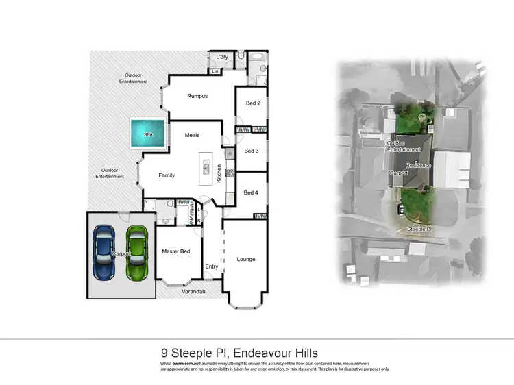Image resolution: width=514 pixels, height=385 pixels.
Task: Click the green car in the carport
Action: [137, 251]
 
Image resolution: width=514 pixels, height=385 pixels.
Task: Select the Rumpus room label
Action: [197, 96]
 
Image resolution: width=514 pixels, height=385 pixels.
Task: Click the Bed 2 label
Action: [252, 103]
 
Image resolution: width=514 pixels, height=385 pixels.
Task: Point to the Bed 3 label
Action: [252, 151]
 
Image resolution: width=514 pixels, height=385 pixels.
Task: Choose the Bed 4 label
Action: [252, 192]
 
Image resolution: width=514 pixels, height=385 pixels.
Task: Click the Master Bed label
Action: [175, 251]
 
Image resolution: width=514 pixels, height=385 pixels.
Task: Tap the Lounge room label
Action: [246, 259]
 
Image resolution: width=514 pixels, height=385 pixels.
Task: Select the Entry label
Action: [211, 266]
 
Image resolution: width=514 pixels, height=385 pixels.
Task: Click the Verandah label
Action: [193, 292]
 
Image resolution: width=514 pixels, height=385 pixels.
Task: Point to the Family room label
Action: [167, 175]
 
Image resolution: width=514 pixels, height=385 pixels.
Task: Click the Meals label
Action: [192, 135]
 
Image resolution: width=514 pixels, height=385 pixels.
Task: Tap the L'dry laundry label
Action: [221, 57]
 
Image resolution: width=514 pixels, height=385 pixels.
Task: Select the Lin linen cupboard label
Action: [215, 71]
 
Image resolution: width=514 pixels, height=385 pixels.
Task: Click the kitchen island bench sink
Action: [205, 165]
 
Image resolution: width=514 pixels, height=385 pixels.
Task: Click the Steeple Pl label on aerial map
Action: [418, 228]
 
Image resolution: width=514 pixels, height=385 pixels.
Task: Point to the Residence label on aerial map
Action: [418, 165]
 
